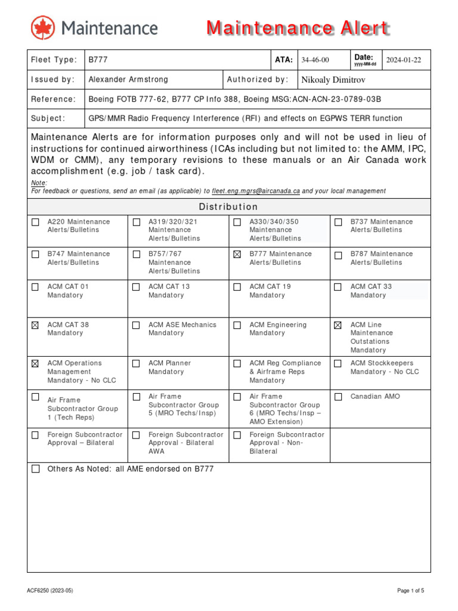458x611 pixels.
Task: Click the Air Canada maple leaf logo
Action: point(42,28)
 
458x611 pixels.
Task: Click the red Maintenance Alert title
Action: point(298,28)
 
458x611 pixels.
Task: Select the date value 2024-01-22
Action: point(403,60)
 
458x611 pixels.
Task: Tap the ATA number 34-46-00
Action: point(314,60)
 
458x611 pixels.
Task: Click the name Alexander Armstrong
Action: point(128,79)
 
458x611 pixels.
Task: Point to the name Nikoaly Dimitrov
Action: point(333,80)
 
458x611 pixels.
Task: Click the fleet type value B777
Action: point(98,60)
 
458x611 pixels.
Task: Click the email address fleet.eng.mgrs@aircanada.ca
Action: point(256,191)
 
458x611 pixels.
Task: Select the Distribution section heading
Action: point(228,207)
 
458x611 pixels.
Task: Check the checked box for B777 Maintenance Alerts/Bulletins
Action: point(237,255)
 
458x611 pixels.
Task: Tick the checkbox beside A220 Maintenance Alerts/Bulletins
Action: point(35,223)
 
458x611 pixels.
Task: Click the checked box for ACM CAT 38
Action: point(35,325)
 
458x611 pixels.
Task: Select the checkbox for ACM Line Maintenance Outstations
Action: point(338,325)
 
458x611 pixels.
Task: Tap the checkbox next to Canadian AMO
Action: point(338,397)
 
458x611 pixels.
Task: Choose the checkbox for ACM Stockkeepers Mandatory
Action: point(338,363)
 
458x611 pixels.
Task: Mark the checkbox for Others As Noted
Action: point(35,469)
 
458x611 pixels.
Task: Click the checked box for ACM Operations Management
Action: point(35,363)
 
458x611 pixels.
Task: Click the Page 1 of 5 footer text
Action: point(411,591)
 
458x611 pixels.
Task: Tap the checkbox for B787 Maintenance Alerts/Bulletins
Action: point(338,255)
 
